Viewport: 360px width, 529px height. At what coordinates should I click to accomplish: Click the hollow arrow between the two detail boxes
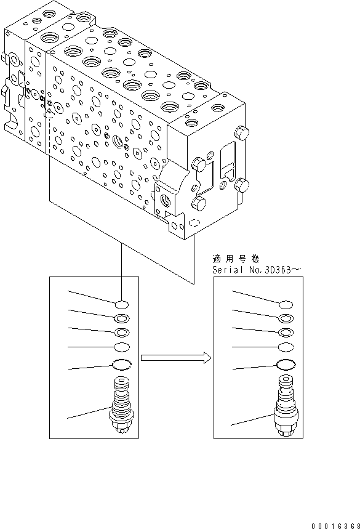click(175, 358)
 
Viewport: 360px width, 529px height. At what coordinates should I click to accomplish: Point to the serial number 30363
click(265, 270)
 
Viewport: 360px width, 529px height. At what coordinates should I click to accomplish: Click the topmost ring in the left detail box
click(122, 304)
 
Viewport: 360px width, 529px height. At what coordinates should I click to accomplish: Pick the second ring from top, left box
click(122, 318)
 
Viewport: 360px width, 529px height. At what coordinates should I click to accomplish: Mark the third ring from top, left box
click(122, 333)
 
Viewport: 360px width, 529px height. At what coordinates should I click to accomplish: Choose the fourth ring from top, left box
click(122, 347)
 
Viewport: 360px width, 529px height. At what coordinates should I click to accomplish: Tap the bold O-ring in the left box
click(122, 364)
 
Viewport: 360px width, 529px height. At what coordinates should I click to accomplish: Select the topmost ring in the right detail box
click(286, 304)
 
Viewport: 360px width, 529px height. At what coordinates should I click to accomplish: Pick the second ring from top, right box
click(286, 318)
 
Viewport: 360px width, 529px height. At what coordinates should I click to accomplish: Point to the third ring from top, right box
click(286, 333)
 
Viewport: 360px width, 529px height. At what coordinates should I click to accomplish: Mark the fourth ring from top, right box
click(286, 347)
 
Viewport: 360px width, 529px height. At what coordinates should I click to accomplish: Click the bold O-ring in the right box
click(286, 365)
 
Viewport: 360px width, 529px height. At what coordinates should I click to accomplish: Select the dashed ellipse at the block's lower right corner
click(195, 223)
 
